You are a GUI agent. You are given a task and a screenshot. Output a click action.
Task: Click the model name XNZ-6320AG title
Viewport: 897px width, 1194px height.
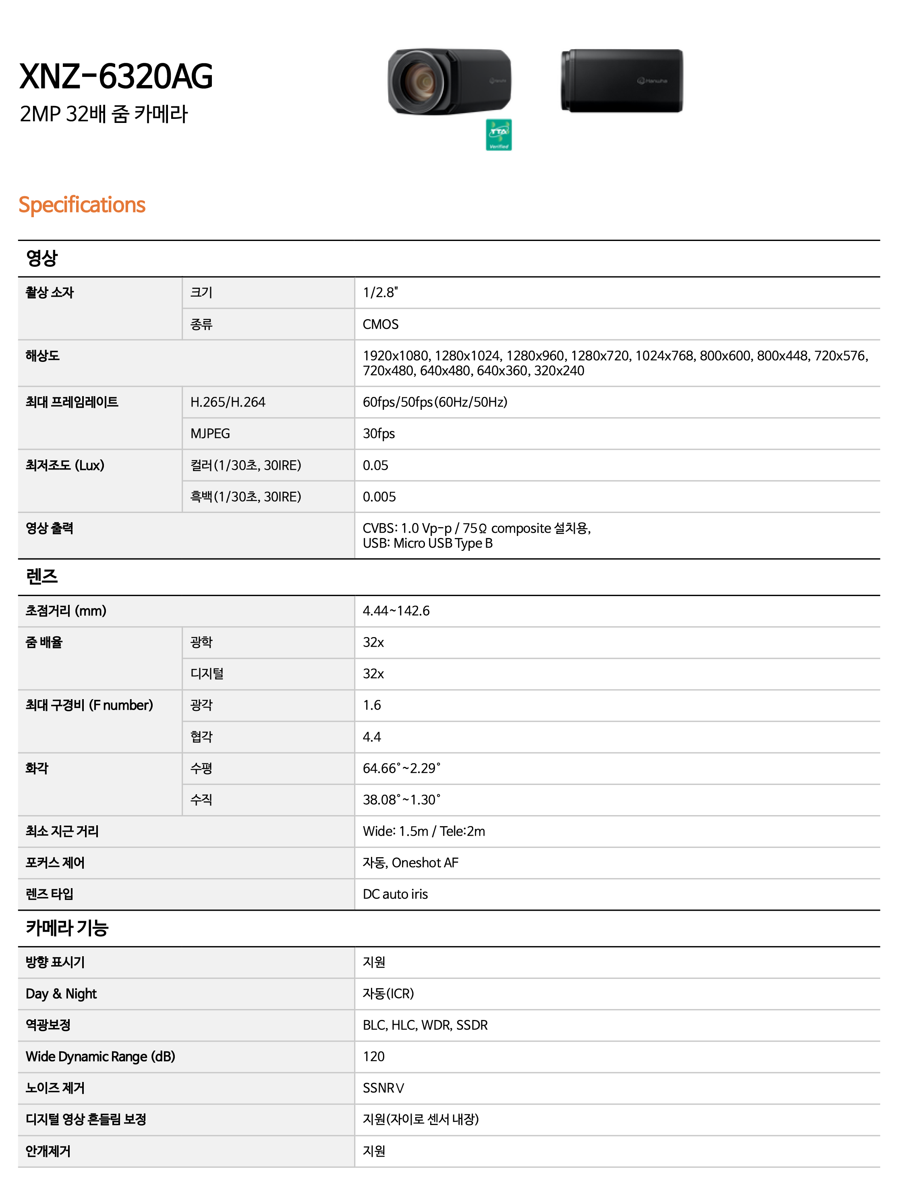tap(116, 76)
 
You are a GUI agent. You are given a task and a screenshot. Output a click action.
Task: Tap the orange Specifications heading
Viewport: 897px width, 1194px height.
tap(82, 205)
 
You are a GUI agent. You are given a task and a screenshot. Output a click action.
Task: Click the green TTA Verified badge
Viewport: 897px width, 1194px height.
tap(498, 135)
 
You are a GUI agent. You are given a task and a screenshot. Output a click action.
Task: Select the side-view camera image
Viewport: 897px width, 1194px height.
tap(622, 81)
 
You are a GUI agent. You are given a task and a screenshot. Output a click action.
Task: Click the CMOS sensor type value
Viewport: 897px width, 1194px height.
tap(380, 324)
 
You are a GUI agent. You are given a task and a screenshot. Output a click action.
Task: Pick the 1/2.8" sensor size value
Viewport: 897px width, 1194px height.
tap(380, 293)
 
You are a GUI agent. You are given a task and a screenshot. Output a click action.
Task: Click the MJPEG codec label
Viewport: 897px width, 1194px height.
tap(210, 434)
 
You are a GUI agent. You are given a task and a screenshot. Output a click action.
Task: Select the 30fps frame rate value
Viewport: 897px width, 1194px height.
tap(379, 434)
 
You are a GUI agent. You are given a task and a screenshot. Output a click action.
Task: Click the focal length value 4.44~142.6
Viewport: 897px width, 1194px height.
tap(396, 611)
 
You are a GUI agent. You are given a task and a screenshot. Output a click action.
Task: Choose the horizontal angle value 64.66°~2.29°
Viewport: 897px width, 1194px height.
tap(401, 768)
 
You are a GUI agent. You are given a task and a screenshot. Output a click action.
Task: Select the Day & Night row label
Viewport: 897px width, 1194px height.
tap(61, 994)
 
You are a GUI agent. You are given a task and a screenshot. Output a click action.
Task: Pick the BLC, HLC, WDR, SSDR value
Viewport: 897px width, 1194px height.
tap(425, 1026)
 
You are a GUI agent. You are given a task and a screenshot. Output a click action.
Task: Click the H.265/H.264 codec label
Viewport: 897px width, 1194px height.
tap(228, 402)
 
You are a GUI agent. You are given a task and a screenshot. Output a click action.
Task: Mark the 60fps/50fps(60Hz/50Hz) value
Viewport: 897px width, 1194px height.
tap(435, 402)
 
